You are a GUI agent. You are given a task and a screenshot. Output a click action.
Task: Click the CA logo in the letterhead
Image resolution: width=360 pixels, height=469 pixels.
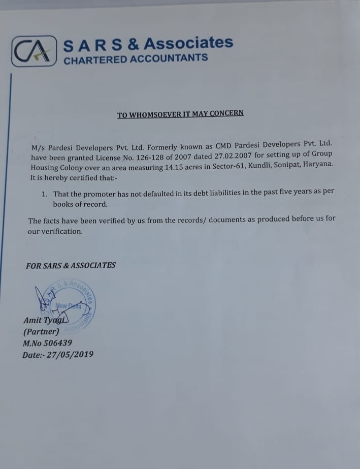point(34,51)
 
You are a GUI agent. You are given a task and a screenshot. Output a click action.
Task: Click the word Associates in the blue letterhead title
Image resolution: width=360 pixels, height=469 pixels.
point(188,43)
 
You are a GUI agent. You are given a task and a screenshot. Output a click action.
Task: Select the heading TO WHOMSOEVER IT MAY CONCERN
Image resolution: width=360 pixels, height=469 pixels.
point(180,114)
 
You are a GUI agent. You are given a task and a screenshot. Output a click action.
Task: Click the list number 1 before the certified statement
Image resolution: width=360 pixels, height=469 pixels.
point(44,194)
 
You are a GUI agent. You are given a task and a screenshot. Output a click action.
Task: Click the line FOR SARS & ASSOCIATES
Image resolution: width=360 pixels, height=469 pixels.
point(71,265)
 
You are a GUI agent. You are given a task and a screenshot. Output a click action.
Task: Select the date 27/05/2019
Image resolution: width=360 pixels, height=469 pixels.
point(70,355)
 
